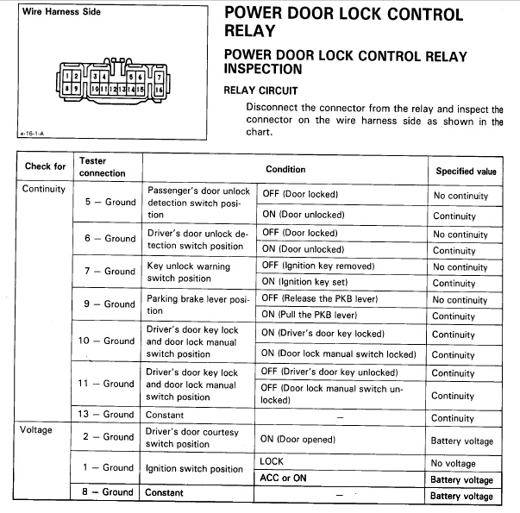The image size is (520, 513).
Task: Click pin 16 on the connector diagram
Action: tap(159, 90)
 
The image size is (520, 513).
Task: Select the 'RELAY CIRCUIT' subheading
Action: tap(261, 90)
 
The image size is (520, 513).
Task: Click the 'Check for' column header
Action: tap(45, 166)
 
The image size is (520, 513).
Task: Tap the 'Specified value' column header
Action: tap(466, 171)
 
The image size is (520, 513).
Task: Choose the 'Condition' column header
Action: tap(285, 170)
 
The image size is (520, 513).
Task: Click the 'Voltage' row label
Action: tap(36, 429)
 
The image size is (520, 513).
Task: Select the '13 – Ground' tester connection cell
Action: tap(107, 414)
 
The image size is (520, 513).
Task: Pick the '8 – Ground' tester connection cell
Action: tap(107, 491)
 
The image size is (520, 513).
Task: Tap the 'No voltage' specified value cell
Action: tap(454, 463)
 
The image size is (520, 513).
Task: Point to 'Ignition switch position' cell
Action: tap(194, 469)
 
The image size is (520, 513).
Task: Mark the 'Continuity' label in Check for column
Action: tap(44, 189)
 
